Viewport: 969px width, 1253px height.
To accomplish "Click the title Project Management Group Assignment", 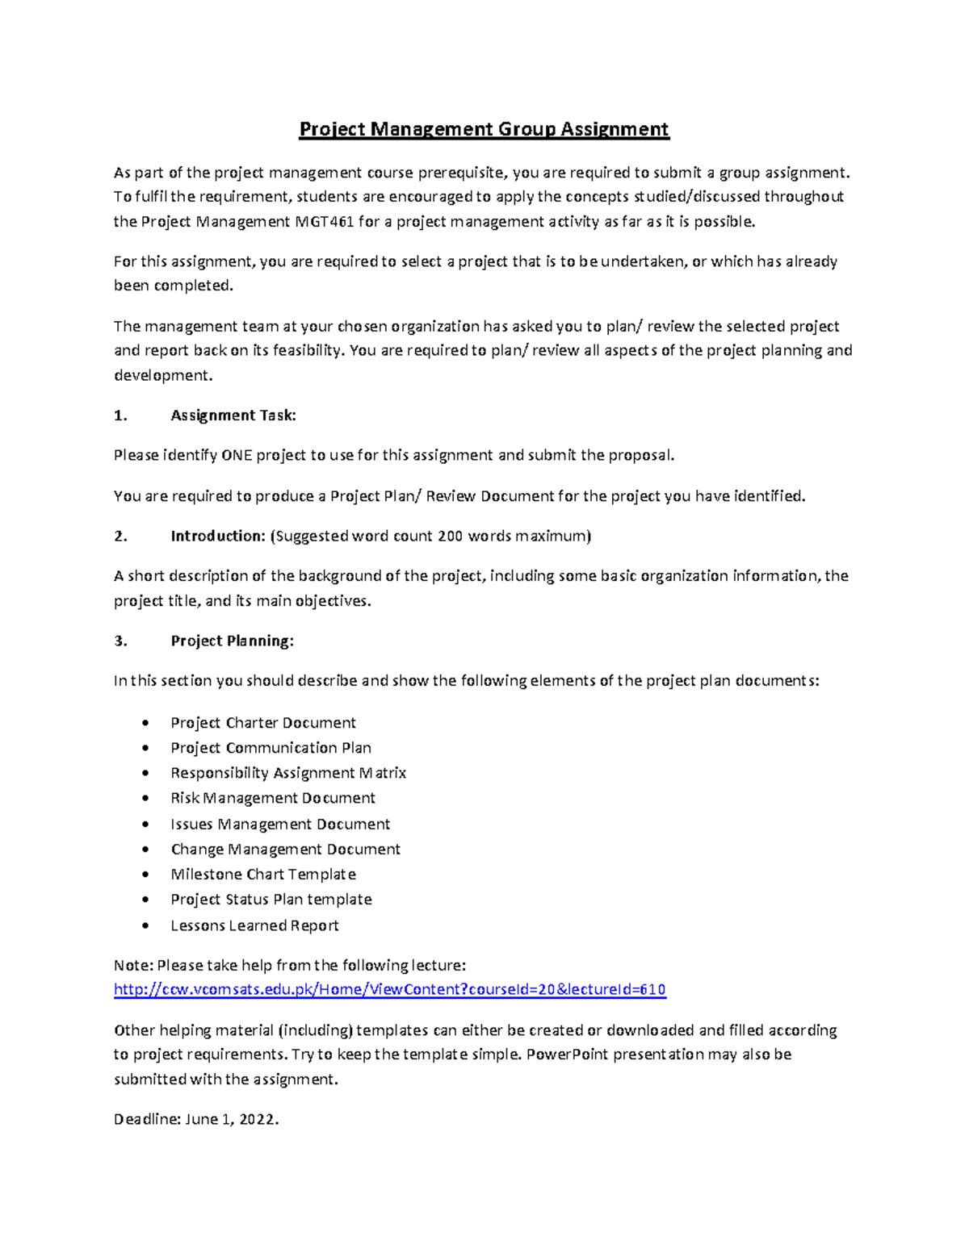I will (x=484, y=129).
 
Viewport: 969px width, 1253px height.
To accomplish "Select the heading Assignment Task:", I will (x=233, y=416).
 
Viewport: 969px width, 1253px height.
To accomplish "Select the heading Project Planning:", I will (x=232, y=641).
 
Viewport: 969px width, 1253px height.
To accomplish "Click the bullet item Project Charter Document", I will (x=262, y=723).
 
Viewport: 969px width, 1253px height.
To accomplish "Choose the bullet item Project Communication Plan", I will (x=271, y=748).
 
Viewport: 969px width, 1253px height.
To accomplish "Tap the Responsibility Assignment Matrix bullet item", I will (x=287, y=773).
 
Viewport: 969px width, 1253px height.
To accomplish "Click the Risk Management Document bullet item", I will (x=272, y=798).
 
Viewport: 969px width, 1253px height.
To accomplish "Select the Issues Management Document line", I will (x=279, y=824).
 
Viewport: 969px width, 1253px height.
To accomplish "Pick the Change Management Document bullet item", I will (x=285, y=849).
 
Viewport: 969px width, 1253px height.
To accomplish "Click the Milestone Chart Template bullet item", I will (x=262, y=874).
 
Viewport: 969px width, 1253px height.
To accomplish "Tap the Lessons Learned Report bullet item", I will (x=254, y=925).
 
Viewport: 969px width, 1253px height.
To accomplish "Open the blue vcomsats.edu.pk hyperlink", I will (x=389, y=990).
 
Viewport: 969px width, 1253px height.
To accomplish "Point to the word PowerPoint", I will (x=564, y=1055).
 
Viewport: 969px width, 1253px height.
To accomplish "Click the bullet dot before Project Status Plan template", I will (x=145, y=900).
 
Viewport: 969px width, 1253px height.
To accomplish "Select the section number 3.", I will (x=120, y=641).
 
